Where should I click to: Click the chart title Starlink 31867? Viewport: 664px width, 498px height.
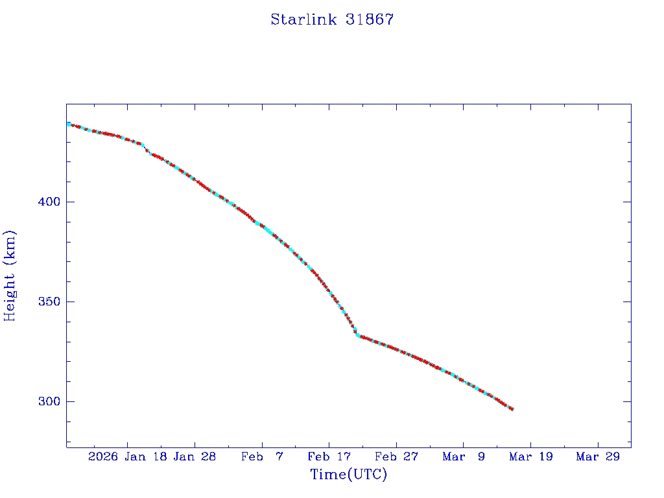(x=332, y=19)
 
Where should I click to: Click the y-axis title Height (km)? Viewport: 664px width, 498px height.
(x=10, y=276)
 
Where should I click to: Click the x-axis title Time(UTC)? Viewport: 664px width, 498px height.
(x=348, y=475)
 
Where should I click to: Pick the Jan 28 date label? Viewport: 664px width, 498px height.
(x=195, y=456)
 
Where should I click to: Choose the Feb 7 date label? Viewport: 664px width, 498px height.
(x=262, y=456)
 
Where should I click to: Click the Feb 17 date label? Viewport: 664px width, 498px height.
(x=329, y=456)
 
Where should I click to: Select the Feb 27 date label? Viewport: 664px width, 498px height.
(x=397, y=456)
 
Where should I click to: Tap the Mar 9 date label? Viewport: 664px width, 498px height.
(x=464, y=456)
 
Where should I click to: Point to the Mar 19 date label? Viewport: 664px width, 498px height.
(x=531, y=456)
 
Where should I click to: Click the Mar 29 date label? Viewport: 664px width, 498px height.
(x=598, y=456)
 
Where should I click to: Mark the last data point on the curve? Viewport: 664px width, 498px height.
(x=512, y=409)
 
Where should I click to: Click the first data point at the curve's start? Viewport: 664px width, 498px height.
(x=68, y=124)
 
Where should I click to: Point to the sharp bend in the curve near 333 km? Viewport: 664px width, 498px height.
(x=357, y=335)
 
